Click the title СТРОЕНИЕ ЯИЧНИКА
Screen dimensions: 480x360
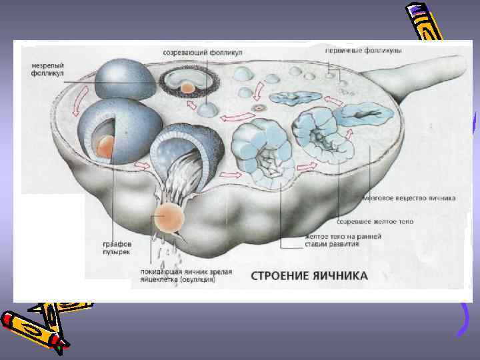309,275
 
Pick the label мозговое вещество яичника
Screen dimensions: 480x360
409,198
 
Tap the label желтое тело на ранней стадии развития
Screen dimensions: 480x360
343,240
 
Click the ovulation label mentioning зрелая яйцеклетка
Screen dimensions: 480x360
177,275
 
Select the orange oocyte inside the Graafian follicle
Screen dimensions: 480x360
105,145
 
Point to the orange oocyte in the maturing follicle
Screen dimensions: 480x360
189,87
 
